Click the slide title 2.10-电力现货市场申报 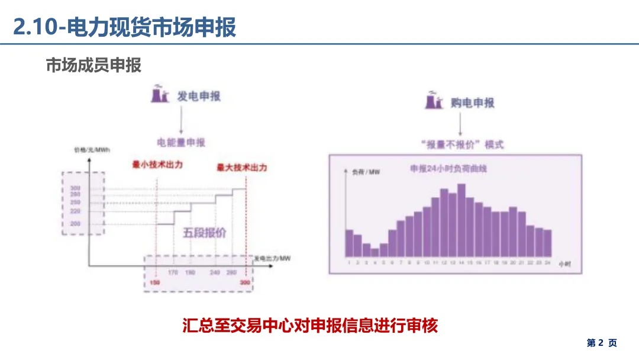125,27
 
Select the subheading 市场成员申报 93,65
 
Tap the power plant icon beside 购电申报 433,101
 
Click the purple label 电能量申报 181,143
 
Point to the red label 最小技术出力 157,164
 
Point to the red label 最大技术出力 241,168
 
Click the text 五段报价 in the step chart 204,233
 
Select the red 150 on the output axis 155,282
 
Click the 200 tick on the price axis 75,224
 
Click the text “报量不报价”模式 461,144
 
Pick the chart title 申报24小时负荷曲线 448,169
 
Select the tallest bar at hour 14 461,220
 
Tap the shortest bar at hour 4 375,252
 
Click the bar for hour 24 548,243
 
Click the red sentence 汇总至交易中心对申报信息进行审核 310,326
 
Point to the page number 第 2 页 601,343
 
